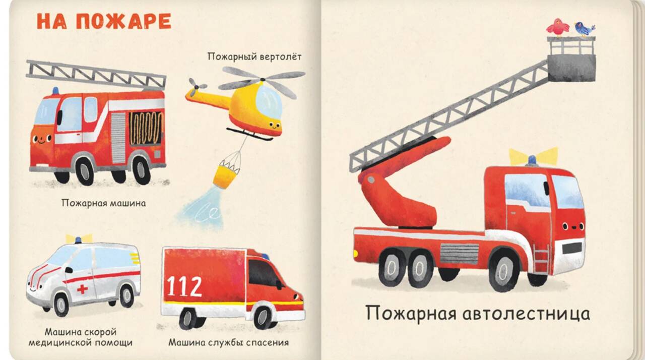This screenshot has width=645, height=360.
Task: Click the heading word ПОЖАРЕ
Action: pyautogui.click(x=124, y=21)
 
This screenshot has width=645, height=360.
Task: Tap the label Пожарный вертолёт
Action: pyautogui.click(x=254, y=57)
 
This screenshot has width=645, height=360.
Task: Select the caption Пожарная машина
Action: pyautogui.click(x=104, y=203)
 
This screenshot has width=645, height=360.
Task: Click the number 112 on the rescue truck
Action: pyautogui.click(x=184, y=286)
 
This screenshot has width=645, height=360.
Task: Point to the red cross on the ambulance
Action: pyautogui.click(x=82, y=289)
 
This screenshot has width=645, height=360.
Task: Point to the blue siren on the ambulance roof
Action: pyautogui.click(x=78, y=240)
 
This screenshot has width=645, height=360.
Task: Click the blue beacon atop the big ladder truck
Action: pyautogui.click(x=532, y=160)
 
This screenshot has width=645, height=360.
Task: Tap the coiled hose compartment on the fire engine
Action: pyautogui.click(x=146, y=128)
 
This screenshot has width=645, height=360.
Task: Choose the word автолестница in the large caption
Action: pyautogui.click(x=526, y=313)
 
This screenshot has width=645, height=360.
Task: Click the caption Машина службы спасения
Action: pyautogui.click(x=229, y=343)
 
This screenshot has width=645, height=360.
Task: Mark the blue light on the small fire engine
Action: pyautogui.click(x=55, y=90)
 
